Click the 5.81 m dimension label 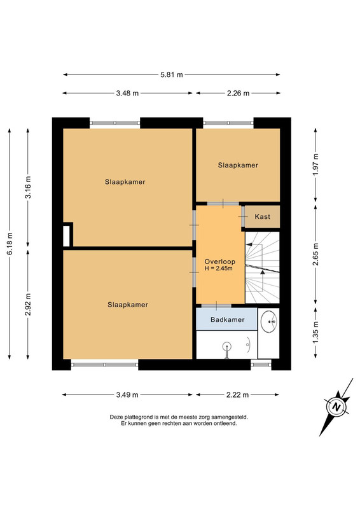click(x=171, y=74)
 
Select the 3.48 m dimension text click(x=127, y=93)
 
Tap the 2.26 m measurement click(x=239, y=93)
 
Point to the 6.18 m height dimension click(x=10, y=244)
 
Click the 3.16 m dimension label click(x=28, y=187)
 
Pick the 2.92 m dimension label click(x=28, y=304)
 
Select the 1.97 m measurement click(x=315, y=165)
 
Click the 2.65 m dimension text click(x=315, y=254)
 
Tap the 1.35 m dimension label click(x=315, y=331)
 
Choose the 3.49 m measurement click(x=127, y=394)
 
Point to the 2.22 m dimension click(x=238, y=394)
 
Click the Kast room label click(x=262, y=216)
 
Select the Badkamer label click(x=227, y=319)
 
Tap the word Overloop click(x=220, y=261)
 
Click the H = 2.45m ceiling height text click(x=218, y=268)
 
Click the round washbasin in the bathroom click(x=269, y=321)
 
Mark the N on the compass click(x=336, y=407)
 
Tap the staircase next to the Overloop click(x=262, y=267)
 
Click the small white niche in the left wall click(x=66, y=235)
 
